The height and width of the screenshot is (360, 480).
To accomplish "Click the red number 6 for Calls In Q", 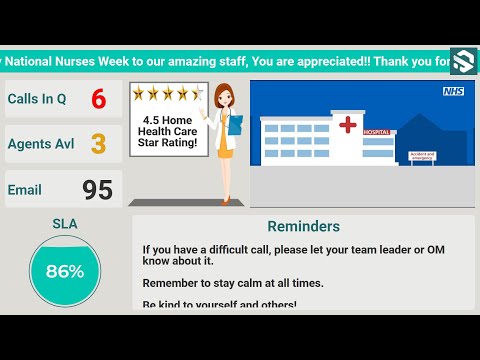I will (98, 100).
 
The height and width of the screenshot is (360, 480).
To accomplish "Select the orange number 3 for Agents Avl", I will (98, 144).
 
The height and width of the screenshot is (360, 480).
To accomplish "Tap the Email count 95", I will (98, 190).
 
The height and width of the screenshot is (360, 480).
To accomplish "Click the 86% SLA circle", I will (64, 270).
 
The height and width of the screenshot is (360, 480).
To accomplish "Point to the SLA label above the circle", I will (64, 224).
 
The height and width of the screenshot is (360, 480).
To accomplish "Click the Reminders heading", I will (303, 227).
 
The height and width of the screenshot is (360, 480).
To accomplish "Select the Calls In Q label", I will (37, 100).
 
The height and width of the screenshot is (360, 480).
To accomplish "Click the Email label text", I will (25, 190).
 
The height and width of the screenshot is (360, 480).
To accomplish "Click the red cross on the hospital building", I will (348, 125).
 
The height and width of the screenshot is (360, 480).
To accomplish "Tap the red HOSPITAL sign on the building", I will (377, 132).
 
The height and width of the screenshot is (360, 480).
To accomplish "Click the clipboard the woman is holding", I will (236, 126).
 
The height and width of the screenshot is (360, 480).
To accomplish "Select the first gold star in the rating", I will (139, 93).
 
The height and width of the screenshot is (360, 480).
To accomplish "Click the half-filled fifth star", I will (197, 93).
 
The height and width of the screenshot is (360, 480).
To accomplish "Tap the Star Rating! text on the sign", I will (169, 144).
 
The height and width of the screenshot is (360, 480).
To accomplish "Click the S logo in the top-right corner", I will (463, 61).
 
